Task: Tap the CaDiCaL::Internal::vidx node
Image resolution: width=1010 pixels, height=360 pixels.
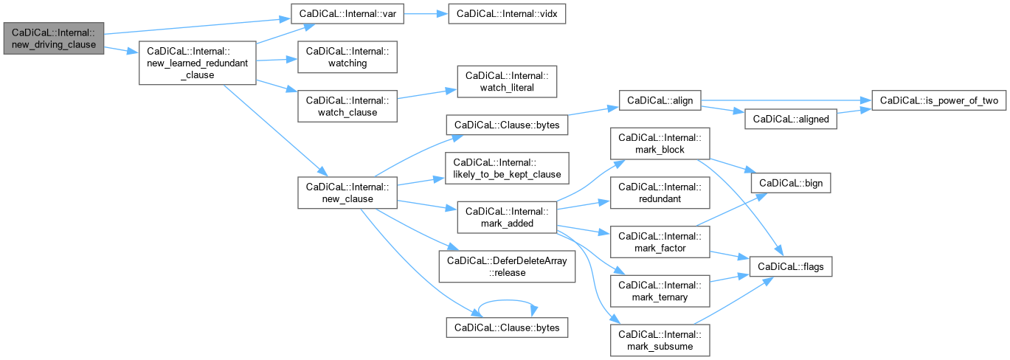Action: pos(501,13)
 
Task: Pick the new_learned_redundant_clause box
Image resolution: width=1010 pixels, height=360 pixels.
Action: pos(198,63)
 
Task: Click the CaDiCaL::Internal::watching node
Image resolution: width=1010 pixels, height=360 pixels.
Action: pos(347,57)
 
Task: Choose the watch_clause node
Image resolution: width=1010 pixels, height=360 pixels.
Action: pos(347,106)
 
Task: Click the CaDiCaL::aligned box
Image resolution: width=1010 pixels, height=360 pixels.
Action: pos(790,119)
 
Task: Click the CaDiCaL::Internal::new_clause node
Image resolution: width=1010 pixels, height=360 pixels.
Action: pos(347,193)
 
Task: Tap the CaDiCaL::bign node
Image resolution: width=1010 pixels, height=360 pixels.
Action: pos(790,181)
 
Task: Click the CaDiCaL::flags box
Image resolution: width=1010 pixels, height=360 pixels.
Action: pos(790,266)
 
